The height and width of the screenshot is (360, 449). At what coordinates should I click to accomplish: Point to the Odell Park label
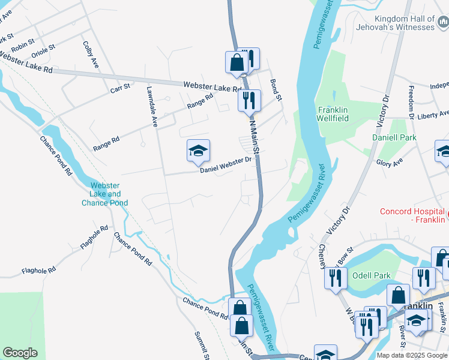[371, 275]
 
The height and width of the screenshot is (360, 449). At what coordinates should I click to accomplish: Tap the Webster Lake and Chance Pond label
[106, 194]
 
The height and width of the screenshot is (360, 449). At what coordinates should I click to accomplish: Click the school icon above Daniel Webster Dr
[198, 151]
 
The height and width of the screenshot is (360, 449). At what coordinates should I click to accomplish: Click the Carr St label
[120, 88]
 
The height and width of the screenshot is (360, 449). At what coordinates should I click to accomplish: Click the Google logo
[20, 353]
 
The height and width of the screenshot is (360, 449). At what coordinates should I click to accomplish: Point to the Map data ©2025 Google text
[412, 355]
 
